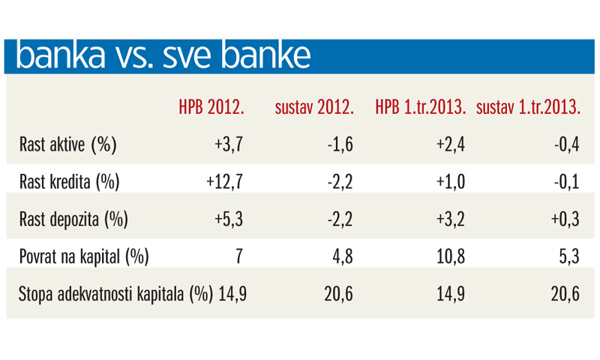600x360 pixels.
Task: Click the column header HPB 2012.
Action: coord(211,107)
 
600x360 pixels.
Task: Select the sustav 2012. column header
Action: coord(314,107)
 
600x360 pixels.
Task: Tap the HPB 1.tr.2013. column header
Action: coord(421,107)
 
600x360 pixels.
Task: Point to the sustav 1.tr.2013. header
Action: coord(529,107)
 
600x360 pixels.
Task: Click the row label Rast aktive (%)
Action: coord(68,144)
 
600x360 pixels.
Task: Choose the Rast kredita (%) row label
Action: coord(70,181)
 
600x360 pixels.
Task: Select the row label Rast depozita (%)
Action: coord(74,219)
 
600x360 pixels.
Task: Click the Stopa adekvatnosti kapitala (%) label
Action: coord(115,293)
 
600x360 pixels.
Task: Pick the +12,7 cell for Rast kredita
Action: coord(224,181)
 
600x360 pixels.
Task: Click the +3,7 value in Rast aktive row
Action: coord(229,144)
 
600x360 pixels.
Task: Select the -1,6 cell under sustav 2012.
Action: coord(338,144)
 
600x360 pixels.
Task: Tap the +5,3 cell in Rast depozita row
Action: coord(229,219)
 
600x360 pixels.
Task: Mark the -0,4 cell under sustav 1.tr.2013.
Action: coord(566,144)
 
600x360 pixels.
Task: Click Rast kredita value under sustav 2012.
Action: coord(338,181)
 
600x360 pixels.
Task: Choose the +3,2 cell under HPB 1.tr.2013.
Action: coord(450,219)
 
